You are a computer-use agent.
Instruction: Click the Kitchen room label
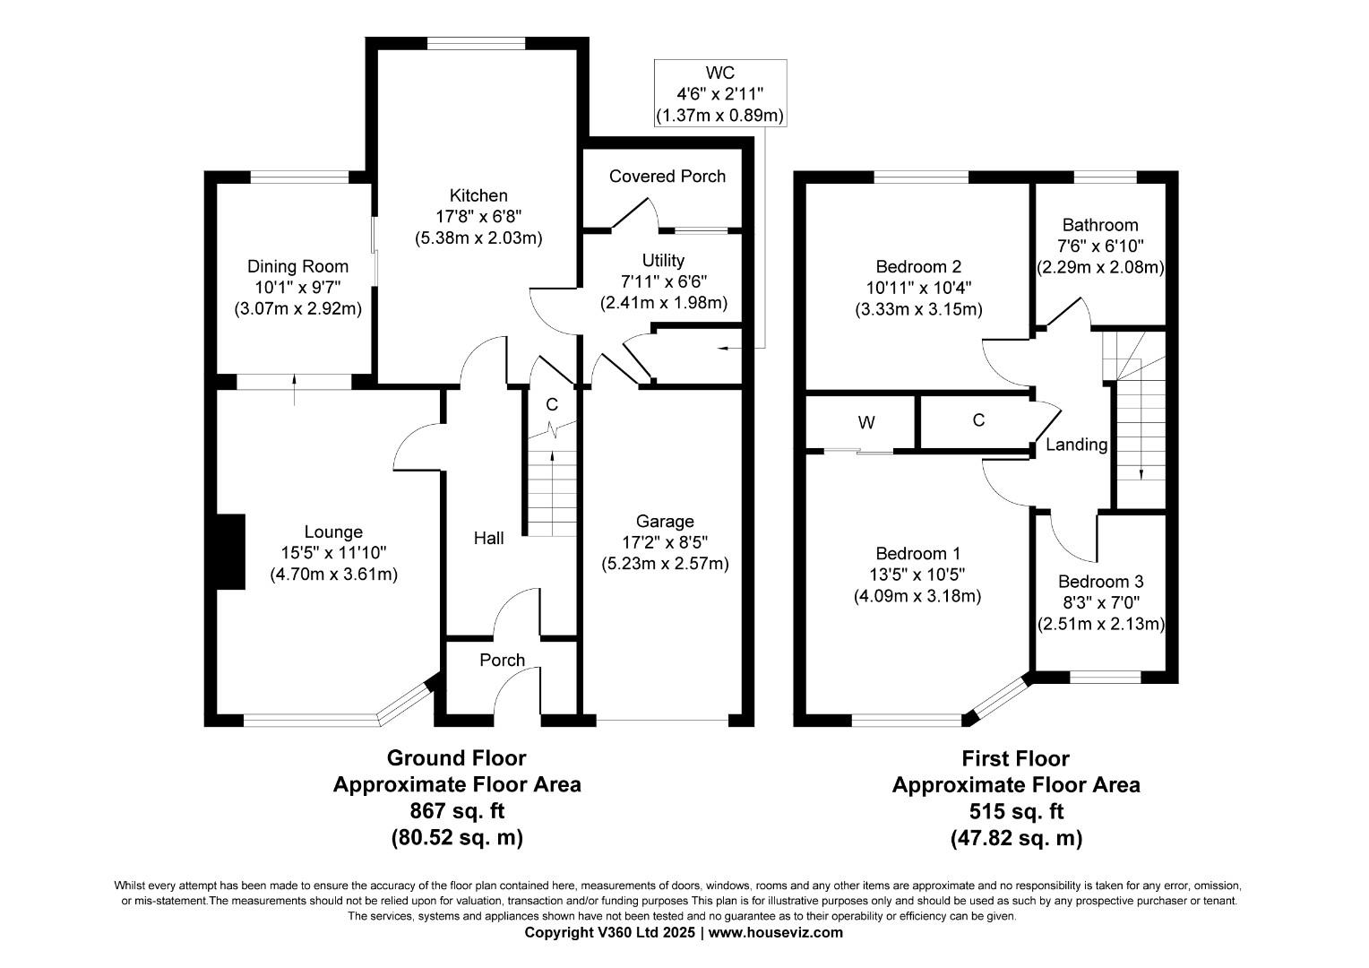[478, 195]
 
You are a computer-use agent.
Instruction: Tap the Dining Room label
[297, 266]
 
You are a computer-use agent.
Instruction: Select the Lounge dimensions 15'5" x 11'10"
[333, 553]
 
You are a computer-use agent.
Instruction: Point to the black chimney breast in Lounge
[231, 551]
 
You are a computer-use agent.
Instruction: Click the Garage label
[665, 522]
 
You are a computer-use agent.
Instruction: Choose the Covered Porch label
[667, 176]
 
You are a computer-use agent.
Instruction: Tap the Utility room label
[663, 261]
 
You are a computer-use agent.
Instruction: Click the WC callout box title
[720, 73]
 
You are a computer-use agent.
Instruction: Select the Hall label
[489, 538]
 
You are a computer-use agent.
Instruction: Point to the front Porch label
[503, 660]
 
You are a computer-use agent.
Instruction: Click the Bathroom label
[1100, 225]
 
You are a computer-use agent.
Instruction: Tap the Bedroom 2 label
[918, 266]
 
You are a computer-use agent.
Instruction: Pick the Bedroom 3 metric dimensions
[1101, 624]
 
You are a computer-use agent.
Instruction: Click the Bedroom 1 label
[918, 553]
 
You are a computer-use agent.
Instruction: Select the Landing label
[1076, 445]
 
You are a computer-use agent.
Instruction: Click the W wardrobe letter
[866, 422]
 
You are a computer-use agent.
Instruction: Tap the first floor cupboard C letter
[978, 420]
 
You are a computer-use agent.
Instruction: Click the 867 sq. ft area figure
[457, 811]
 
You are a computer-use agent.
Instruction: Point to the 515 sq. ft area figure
[1016, 811]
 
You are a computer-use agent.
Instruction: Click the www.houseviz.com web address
[776, 932]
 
